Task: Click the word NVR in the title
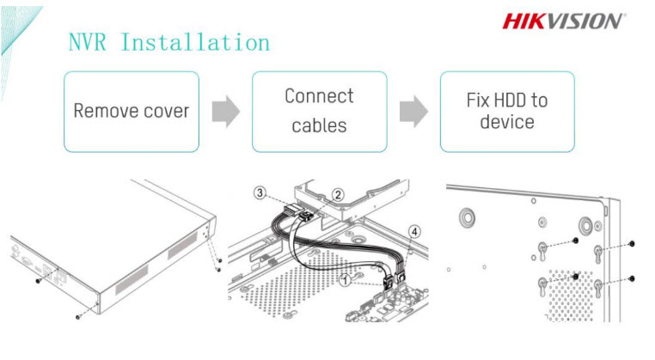[x=89, y=41]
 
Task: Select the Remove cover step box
[x=131, y=112]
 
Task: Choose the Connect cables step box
[x=319, y=112]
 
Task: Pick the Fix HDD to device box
[x=507, y=112]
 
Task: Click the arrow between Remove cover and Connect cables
[x=225, y=112]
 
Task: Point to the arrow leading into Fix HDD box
[x=413, y=112]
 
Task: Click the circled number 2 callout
[x=338, y=195]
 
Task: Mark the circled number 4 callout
[x=415, y=229]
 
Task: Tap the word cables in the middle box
[x=319, y=126]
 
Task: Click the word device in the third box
[x=507, y=122]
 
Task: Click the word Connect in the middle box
[x=319, y=95]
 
